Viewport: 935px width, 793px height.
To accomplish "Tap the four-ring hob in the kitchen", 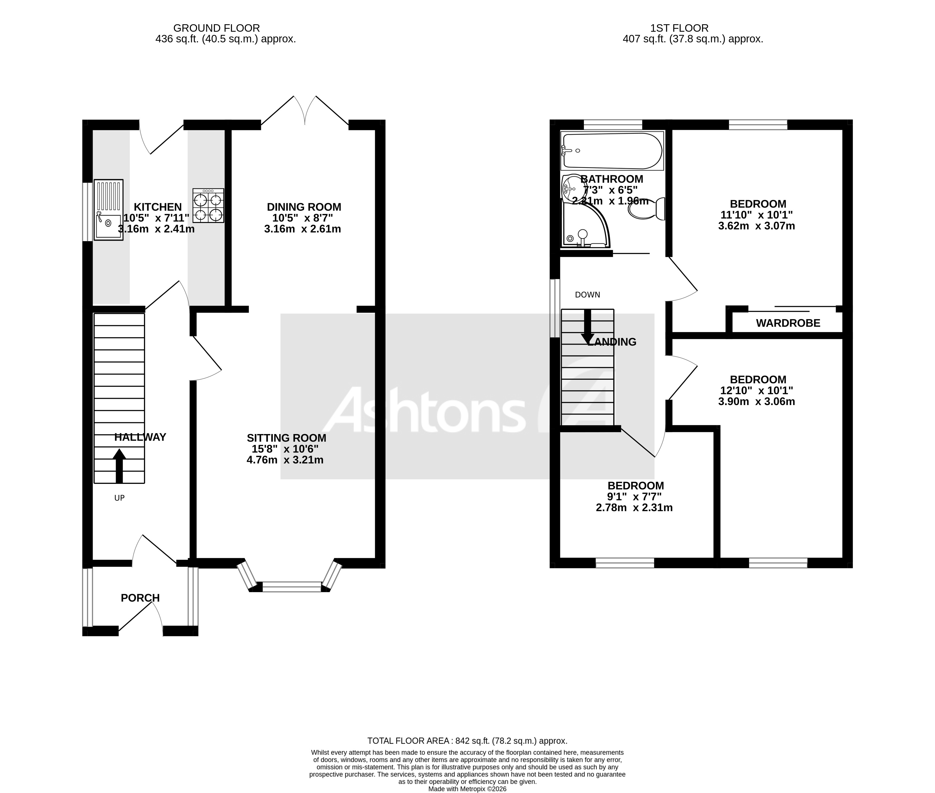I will [208, 205].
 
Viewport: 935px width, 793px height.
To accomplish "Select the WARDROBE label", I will [788, 323].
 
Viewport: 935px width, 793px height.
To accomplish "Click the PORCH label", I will [140, 598].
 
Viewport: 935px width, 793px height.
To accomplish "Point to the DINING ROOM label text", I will [304, 207].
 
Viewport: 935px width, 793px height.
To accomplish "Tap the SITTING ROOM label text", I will [287, 438].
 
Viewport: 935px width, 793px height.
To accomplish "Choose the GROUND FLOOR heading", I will [216, 28].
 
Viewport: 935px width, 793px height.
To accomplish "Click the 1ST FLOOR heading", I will [679, 28].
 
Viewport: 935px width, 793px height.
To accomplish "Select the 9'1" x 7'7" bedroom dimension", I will [634, 497].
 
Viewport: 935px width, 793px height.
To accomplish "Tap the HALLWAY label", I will [140, 437].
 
